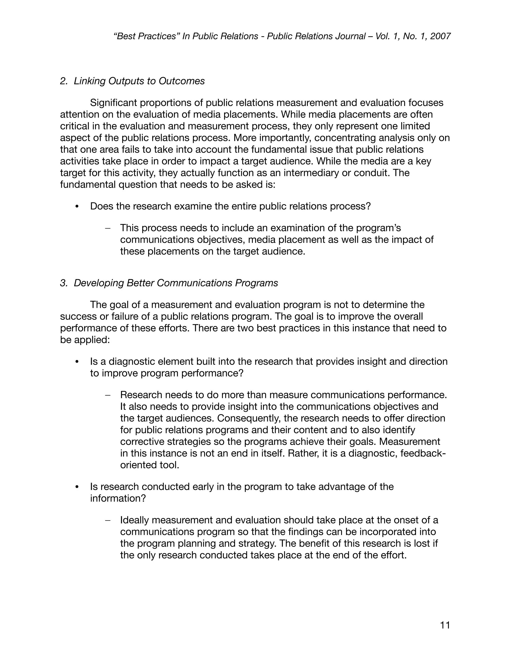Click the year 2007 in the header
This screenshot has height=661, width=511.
coord(440,36)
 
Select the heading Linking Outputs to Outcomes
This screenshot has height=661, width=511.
coord(139,81)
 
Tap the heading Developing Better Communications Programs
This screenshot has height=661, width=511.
coord(176,283)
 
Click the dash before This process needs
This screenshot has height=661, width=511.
coord(108,228)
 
